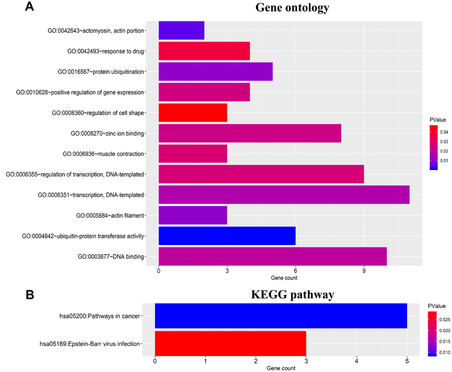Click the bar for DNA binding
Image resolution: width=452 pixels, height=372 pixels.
[273, 256]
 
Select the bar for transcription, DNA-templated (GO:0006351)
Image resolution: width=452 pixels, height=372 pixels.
[284, 194]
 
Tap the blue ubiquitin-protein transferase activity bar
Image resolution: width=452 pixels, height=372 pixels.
[227, 236]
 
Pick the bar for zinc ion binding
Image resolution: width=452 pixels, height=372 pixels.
[249, 133]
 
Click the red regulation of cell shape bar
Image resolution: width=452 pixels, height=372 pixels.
[193, 113]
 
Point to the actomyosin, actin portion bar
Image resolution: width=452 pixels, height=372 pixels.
[181, 30]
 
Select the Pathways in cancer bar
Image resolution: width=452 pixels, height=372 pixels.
[281, 316]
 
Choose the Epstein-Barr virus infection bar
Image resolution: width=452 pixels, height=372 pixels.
[230, 343]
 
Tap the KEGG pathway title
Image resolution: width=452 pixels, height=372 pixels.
[292, 295]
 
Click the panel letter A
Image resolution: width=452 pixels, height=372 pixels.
[30, 7]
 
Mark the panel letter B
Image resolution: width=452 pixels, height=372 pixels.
[30, 295]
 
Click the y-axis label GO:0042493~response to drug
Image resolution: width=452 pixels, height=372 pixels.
[105, 51]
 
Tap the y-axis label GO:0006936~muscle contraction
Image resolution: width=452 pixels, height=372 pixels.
[103, 154]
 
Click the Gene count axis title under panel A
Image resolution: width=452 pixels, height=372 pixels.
[284, 278]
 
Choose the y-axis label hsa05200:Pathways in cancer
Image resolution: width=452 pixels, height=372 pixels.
[100, 316]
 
